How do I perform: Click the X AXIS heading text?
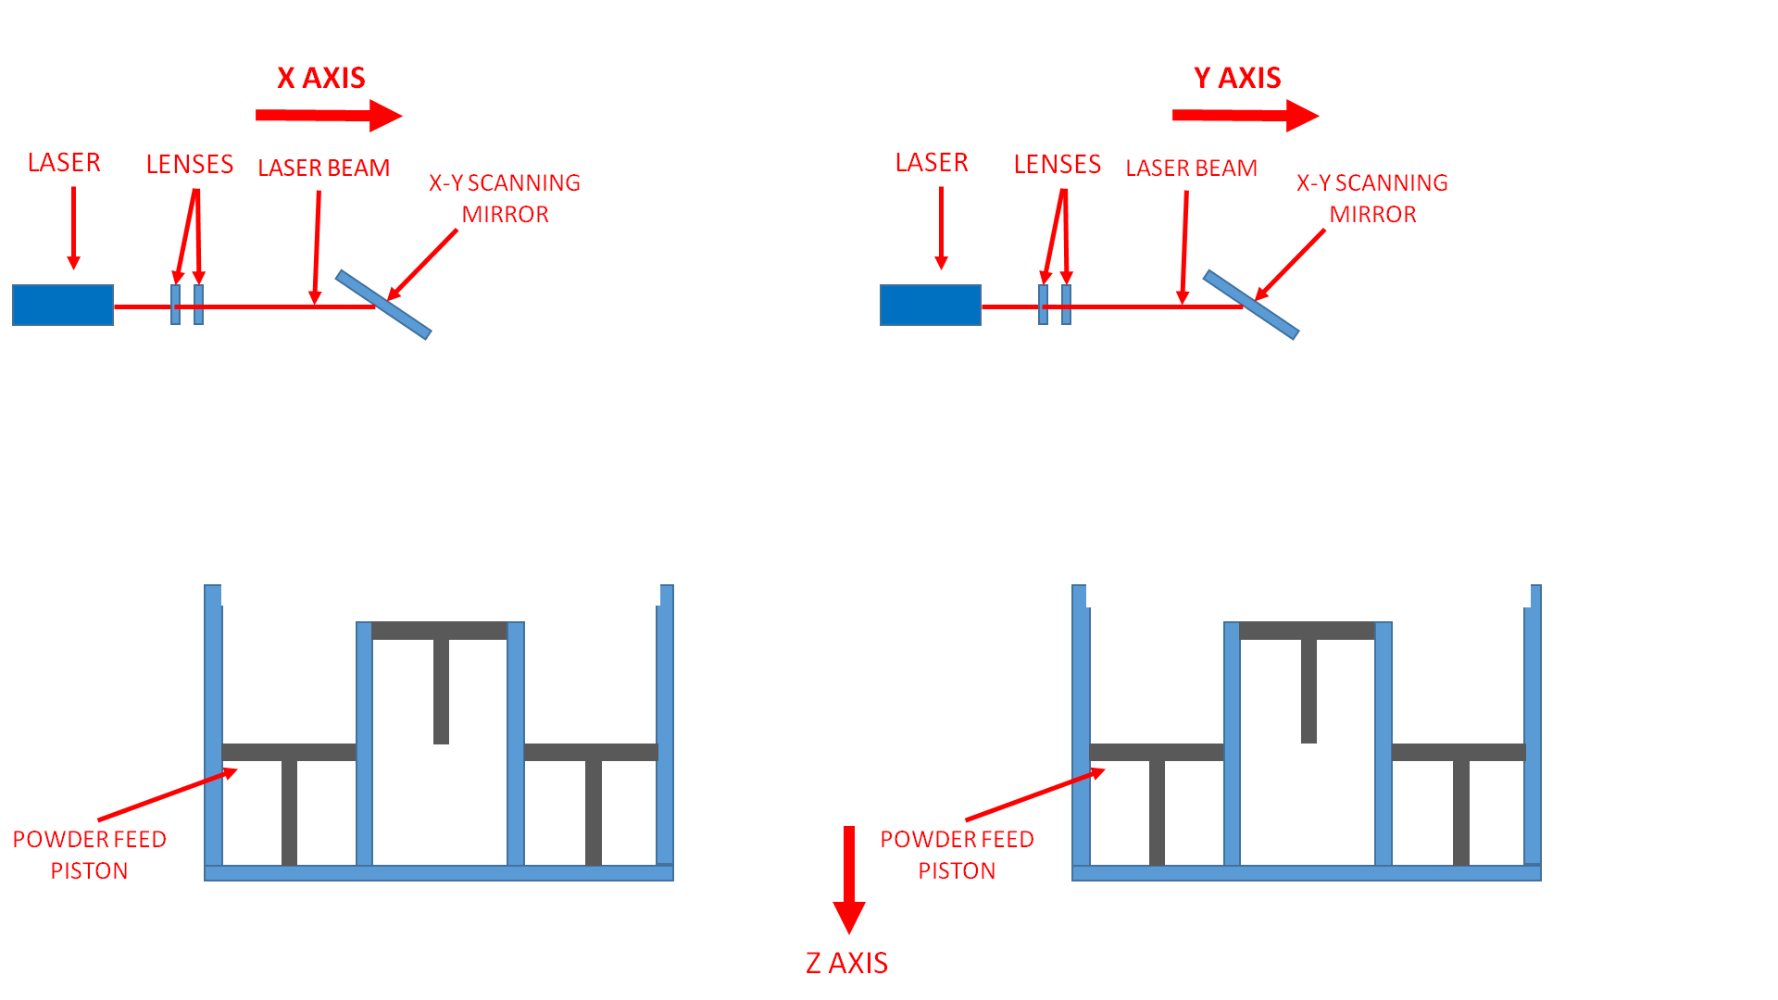click(321, 78)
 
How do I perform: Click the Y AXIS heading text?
click(1237, 78)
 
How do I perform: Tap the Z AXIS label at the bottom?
click(846, 963)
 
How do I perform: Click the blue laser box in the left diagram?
click(63, 305)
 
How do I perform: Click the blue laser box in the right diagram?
click(930, 305)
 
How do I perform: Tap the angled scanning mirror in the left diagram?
click(383, 305)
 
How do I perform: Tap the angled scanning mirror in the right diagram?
click(1251, 305)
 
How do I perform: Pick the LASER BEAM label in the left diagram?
click(323, 168)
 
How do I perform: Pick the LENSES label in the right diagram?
click(1057, 165)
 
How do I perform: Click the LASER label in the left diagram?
click(64, 163)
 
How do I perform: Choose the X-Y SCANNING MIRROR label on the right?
click(1372, 198)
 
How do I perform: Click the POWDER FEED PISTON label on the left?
click(89, 855)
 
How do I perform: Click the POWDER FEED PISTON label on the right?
click(957, 855)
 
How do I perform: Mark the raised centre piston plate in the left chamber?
click(440, 631)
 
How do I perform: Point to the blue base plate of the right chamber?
click(1306, 873)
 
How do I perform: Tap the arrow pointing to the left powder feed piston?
click(167, 795)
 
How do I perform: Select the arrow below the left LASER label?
click(73, 227)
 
